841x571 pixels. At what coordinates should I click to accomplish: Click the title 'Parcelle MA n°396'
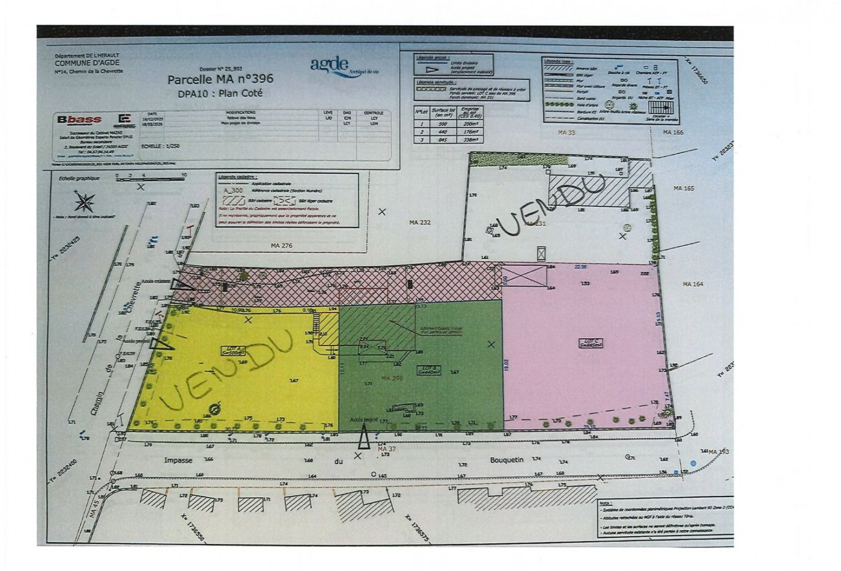pyautogui.click(x=220, y=79)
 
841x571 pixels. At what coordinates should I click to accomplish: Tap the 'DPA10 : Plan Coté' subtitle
pyautogui.click(x=220, y=94)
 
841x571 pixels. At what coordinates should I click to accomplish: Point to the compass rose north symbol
pyautogui.click(x=84, y=200)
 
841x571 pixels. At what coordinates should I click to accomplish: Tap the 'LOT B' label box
pyautogui.click(x=428, y=370)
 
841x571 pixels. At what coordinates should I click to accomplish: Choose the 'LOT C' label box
pyautogui.click(x=590, y=343)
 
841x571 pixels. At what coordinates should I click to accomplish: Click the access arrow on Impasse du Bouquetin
pyautogui.click(x=363, y=439)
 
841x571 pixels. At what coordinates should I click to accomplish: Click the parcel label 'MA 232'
pyautogui.click(x=421, y=222)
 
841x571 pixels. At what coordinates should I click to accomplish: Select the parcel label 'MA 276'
pyautogui.click(x=281, y=245)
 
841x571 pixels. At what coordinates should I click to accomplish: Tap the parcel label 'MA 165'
pyautogui.click(x=684, y=188)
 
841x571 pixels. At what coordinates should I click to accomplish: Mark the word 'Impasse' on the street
pyautogui.click(x=178, y=460)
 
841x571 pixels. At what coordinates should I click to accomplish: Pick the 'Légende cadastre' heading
pyautogui.click(x=239, y=177)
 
